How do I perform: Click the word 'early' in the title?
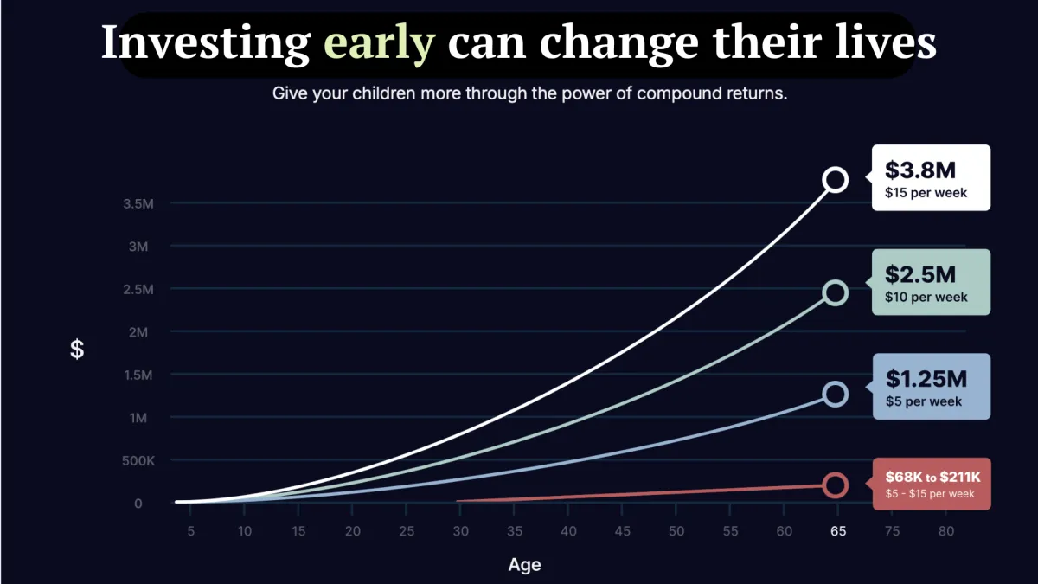click(x=379, y=42)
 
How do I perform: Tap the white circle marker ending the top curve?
click(x=835, y=180)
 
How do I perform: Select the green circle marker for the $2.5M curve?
click(x=835, y=292)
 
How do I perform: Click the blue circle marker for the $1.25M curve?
click(x=835, y=395)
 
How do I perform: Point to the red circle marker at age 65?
click(x=835, y=485)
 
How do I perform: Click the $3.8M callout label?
click(x=931, y=178)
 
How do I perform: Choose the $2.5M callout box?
click(x=931, y=282)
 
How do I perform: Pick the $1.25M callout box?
click(x=931, y=387)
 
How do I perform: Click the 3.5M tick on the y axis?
click(x=138, y=204)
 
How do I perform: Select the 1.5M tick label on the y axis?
click(x=138, y=375)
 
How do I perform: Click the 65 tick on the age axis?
click(x=838, y=530)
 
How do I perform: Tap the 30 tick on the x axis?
click(x=460, y=530)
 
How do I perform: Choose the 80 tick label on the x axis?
click(x=946, y=530)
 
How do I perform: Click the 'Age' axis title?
click(x=524, y=565)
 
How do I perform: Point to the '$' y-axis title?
click(x=77, y=350)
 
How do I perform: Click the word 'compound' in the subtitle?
click(x=676, y=93)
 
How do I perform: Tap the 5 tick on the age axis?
click(x=190, y=530)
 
